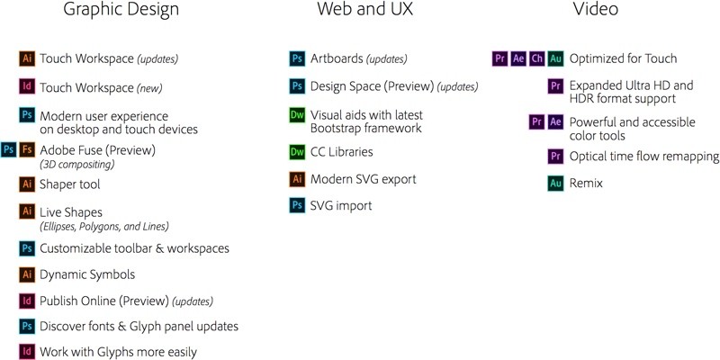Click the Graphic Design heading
(x=121, y=9)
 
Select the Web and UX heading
(x=364, y=8)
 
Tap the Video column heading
(x=595, y=8)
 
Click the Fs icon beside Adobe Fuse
(x=28, y=149)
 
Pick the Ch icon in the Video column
(x=536, y=58)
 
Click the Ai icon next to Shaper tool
(x=28, y=184)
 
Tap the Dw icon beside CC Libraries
(x=298, y=152)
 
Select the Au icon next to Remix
(x=555, y=184)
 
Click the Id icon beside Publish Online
(x=28, y=301)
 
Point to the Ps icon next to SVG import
(x=298, y=205)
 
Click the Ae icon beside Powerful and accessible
(x=555, y=122)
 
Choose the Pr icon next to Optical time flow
(x=555, y=156)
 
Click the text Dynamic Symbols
(x=87, y=275)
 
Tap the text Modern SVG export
(x=364, y=179)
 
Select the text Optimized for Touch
(x=623, y=58)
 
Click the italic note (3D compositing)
(x=77, y=164)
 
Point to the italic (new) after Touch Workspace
(x=149, y=87)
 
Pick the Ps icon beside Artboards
(x=298, y=58)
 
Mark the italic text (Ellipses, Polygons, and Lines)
(x=104, y=227)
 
